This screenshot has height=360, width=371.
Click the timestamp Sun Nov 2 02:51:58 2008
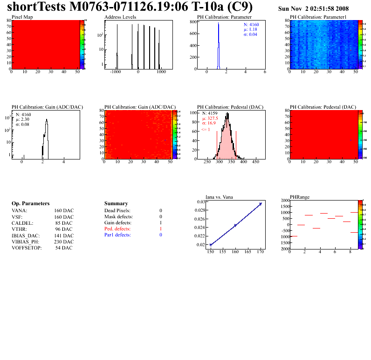[313, 9]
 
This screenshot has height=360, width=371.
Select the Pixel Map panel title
[22, 17]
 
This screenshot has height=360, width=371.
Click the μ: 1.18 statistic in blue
[251, 29]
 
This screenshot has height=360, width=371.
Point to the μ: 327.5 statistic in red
[211, 118]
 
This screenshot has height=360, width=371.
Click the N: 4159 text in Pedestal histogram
[209, 113]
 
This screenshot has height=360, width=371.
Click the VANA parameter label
[19, 211]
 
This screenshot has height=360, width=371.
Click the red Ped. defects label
[117, 229]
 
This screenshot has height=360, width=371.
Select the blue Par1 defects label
[117, 235]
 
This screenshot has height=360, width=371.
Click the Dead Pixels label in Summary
[117, 211]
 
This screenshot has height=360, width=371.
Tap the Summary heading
[116, 204]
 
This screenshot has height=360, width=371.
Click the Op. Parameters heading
[30, 204]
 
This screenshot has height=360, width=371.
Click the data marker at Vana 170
[261, 204]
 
